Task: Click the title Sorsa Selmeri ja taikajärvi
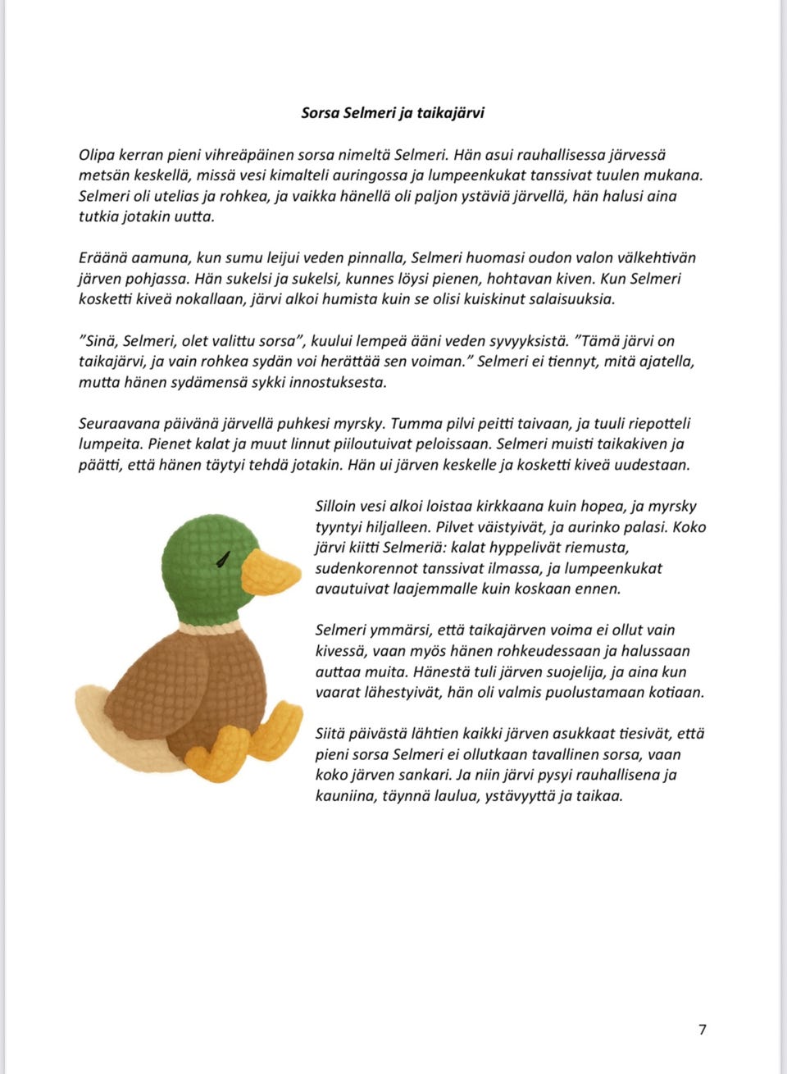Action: [x=393, y=113]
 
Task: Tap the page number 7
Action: [x=703, y=1030]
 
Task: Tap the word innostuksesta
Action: [x=334, y=382]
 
